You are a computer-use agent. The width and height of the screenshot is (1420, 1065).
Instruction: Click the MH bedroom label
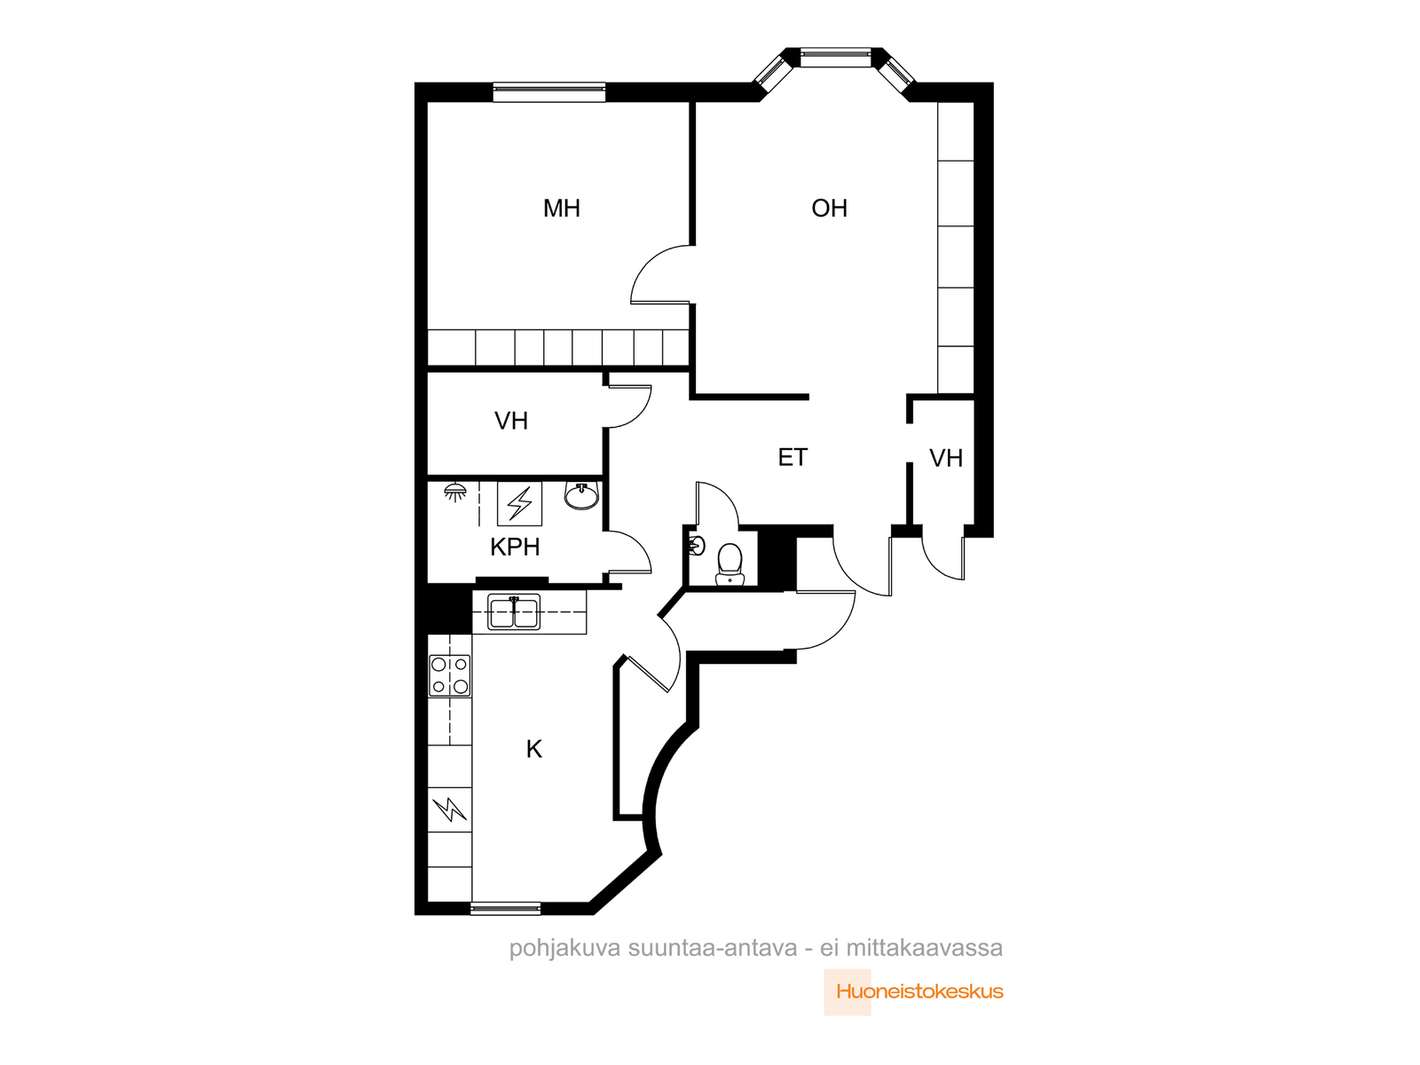(x=561, y=209)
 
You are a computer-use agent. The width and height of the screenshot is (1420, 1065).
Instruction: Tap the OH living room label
(x=829, y=209)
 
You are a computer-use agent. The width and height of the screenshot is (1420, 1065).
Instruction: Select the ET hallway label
(x=793, y=458)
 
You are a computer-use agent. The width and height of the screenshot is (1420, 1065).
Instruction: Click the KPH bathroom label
(x=515, y=547)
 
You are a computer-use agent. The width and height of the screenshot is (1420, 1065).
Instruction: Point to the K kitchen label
(x=533, y=749)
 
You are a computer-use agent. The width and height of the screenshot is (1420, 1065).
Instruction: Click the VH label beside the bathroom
(x=511, y=421)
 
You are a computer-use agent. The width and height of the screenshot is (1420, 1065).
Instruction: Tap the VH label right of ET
(x=946, y=459)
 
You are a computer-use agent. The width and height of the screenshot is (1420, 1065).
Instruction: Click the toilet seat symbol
(x=730, y=564)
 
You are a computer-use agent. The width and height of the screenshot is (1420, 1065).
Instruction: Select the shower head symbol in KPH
(x=454, y=492)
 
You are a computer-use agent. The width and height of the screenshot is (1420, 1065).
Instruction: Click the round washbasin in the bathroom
(x=581, y=496)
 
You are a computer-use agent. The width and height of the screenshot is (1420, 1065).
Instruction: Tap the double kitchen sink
(x=514, y=611)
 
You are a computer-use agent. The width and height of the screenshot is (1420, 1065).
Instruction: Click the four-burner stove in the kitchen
(x=450, y=675)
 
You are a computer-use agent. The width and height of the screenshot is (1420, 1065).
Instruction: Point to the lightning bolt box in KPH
(x=519, y=504)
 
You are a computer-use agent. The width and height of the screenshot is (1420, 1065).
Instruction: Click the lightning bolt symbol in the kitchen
(x=450, y=809)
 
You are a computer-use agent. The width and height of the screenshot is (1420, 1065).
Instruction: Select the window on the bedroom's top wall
(x=549, y=92)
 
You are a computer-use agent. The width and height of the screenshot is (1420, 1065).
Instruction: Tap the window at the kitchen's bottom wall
(x=505, y=909)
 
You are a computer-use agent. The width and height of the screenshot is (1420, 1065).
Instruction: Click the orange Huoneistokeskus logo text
(x=919, y=991)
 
